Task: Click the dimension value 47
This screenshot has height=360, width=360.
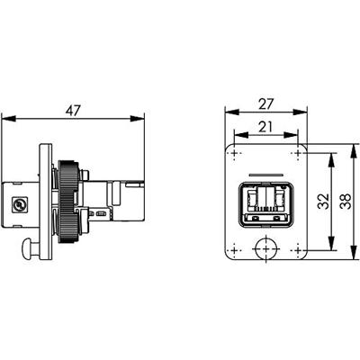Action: coord(73,111)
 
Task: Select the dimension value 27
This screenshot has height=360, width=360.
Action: coord(266,103)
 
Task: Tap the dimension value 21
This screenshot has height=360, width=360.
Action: coord(265,127)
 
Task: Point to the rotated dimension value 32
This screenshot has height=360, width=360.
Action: coord(324,201)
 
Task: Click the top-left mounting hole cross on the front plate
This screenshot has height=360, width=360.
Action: coord(235,154)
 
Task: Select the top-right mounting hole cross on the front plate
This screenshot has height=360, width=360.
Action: coord(298,154)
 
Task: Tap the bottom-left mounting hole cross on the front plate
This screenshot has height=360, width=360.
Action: coord(235,249)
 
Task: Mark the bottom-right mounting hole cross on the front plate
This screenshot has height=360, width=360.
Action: coord(298,249)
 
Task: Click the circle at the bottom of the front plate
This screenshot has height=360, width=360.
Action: coord(254,248)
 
